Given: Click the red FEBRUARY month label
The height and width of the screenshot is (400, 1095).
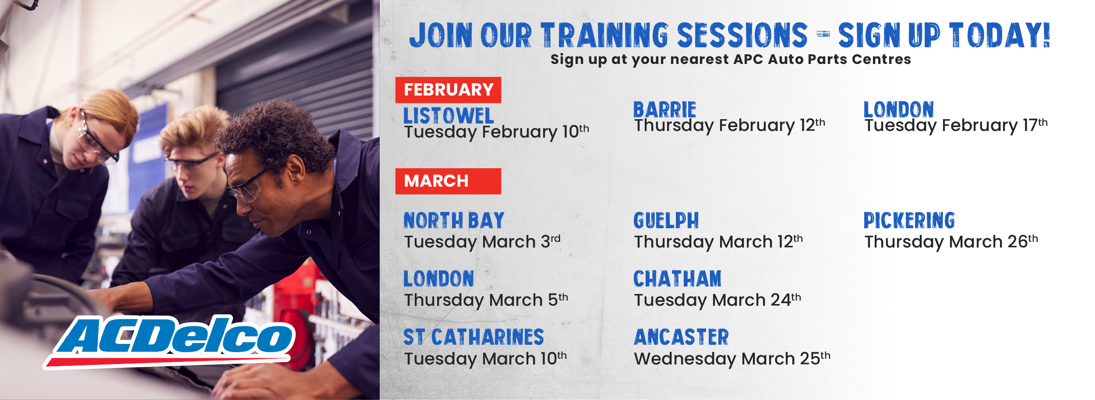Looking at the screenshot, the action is (448, 90).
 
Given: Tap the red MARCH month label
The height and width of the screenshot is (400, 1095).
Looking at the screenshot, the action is (448, 181).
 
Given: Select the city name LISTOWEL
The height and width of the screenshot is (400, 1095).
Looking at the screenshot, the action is (449, 116).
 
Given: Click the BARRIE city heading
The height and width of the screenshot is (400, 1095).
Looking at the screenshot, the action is (665, 110).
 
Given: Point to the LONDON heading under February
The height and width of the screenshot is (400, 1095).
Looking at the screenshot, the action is (899, 110).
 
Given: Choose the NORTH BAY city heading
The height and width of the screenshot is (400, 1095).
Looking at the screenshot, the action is (454, 220).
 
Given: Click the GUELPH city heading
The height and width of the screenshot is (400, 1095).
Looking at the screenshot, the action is (666, 220).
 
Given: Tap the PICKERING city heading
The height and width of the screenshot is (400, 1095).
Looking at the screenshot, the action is (909, 220).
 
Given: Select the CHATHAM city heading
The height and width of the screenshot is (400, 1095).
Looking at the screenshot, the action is (678, 279).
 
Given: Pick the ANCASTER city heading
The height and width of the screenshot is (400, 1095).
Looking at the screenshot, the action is (682, 337).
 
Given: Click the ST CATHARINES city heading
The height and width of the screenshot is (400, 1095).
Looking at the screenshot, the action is (473, 337).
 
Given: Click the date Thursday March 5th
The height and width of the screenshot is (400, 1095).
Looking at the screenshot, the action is (486, 300).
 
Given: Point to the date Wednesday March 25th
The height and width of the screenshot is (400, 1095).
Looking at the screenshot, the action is (732, 359).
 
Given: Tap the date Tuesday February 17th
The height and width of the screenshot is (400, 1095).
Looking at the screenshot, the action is (956, 125).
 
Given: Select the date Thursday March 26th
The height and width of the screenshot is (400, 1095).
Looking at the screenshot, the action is (951, 242).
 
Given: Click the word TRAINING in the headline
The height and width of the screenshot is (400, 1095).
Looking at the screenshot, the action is (604, 35).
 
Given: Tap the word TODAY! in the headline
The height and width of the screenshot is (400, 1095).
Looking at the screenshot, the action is (1000, 35).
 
